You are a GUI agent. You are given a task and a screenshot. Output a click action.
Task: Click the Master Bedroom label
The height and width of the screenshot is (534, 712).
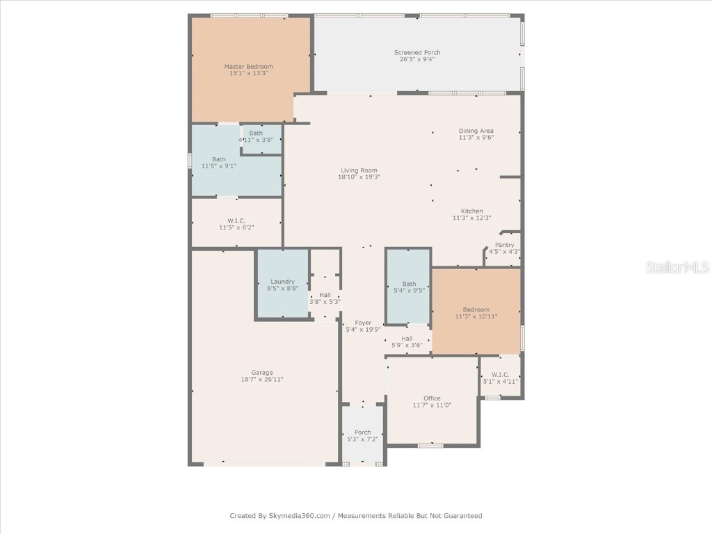[248, 67]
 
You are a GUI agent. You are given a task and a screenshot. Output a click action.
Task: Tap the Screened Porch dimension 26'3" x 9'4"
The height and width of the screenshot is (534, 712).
[417, 60]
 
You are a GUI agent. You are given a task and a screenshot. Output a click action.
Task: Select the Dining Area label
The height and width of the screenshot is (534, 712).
[476, 131]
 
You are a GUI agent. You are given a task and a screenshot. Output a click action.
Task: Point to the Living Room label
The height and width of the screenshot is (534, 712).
[359, 170]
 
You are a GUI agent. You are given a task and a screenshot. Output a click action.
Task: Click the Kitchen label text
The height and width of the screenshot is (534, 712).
[471, 211]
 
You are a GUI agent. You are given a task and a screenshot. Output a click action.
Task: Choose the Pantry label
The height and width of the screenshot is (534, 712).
[504, 245]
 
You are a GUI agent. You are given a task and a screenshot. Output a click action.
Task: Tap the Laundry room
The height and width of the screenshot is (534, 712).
[282, 284]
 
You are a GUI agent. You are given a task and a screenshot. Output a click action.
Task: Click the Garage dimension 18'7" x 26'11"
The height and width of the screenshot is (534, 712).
[262, 380]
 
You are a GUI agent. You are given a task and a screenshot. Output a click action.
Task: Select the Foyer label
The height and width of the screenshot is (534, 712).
[363, 323]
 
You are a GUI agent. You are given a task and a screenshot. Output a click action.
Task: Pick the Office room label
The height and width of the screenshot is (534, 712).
[432, 398]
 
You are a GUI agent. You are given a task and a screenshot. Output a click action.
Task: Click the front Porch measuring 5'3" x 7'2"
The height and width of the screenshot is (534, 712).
[362, 436]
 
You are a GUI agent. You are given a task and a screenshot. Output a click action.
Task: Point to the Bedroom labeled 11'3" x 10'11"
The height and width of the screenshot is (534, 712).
[476, 313]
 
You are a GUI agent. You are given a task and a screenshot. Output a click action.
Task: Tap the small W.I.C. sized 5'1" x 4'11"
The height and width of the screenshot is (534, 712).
[501, 378]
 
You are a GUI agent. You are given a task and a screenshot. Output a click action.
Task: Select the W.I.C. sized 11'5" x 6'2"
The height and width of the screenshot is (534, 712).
[236, 224]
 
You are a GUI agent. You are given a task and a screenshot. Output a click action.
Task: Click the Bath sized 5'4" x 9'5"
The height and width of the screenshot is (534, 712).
[409, 287]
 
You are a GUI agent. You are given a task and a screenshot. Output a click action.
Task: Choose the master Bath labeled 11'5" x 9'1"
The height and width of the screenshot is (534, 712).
[219, 163]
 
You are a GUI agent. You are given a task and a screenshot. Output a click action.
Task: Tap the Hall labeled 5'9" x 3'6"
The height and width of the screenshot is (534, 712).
[407, 341]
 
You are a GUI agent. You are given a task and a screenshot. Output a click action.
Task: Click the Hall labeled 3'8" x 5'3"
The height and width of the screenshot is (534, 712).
[325, 298]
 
